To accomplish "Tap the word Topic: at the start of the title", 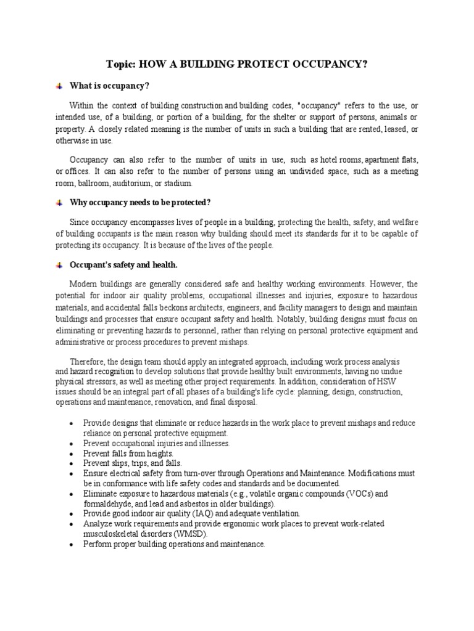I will click(x=122, y=64).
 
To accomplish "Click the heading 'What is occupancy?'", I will click(x=109, y=85).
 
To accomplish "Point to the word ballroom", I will click(x=94, y=183).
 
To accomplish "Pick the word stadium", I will click(x=180, y=183).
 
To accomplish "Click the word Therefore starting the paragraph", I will click(x=89, y=362).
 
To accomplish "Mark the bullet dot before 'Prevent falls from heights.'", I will click(x=73, y=453).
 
